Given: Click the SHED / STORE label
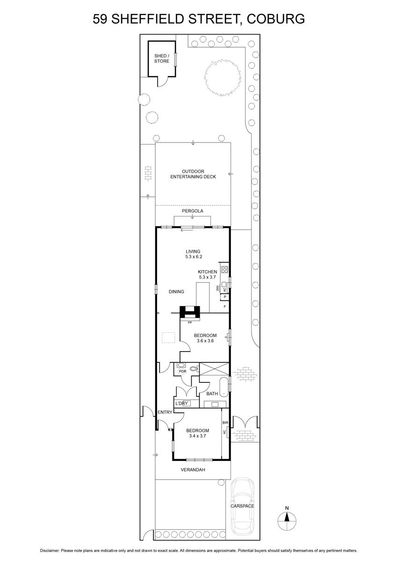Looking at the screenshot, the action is pyautogui.click(x=161, y=58).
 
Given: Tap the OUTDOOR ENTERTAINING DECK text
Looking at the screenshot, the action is pyautogui.click(x=193, y=174).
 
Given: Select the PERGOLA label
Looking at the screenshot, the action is pyautogui.click(x=192, y=211).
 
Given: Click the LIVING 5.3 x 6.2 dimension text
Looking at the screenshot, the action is pyautogui.click(x=193, y=254).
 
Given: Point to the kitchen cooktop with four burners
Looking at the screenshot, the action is pyautogui.click(x=224, y=269).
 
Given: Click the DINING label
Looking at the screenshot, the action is pyautogui.click(x=176, y=292).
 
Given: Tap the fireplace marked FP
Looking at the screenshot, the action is pyautogui.click(x=190, y=313).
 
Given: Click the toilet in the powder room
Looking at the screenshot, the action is pyautogui.click(x=194, y=369).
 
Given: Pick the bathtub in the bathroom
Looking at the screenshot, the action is pyautogui.click(x=224, y=387).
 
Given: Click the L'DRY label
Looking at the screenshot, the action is pyautogui.click(x=181, y=403).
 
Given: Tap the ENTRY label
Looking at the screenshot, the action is pyautogui.click(x=165, y=412).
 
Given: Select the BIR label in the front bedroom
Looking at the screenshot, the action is pyautogui.click(x=225, y=423).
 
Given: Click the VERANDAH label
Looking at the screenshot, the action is pyautogui.click(x=193, y=470).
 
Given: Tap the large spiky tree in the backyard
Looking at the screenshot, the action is pyautogui.click(x=223, y=78).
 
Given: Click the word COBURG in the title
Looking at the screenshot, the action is pyautogui.click(x=276, y=19).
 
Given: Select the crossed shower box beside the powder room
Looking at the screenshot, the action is pyautogui.click(x=214, y=369).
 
